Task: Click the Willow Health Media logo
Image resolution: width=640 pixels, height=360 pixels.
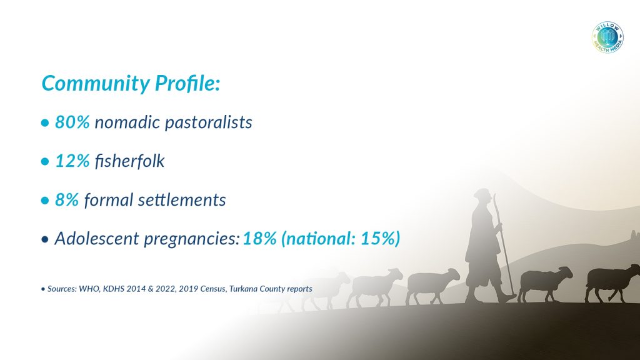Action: (607, 37)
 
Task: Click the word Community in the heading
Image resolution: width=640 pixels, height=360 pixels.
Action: (96, 83)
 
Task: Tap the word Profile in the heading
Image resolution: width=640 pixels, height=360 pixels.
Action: (187, 83)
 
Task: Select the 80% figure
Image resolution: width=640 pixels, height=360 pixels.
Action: (72, 122)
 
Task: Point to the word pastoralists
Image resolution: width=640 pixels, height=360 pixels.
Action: (209, 122)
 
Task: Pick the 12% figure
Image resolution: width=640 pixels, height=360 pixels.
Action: (72, 161)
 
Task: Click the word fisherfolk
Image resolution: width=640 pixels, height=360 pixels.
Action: (129, 161)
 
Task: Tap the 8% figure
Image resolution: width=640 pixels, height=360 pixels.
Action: (67, 199)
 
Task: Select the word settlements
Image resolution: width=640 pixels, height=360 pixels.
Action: (182, 199)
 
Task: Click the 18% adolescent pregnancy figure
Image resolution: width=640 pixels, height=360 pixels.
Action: (259, 238)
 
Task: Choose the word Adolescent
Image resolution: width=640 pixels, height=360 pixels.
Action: (97, 238)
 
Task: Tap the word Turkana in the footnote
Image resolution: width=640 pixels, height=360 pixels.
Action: (243, 289)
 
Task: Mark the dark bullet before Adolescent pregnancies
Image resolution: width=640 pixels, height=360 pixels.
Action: (45, 239)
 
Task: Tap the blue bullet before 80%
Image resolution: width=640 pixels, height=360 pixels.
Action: (45, 123)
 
